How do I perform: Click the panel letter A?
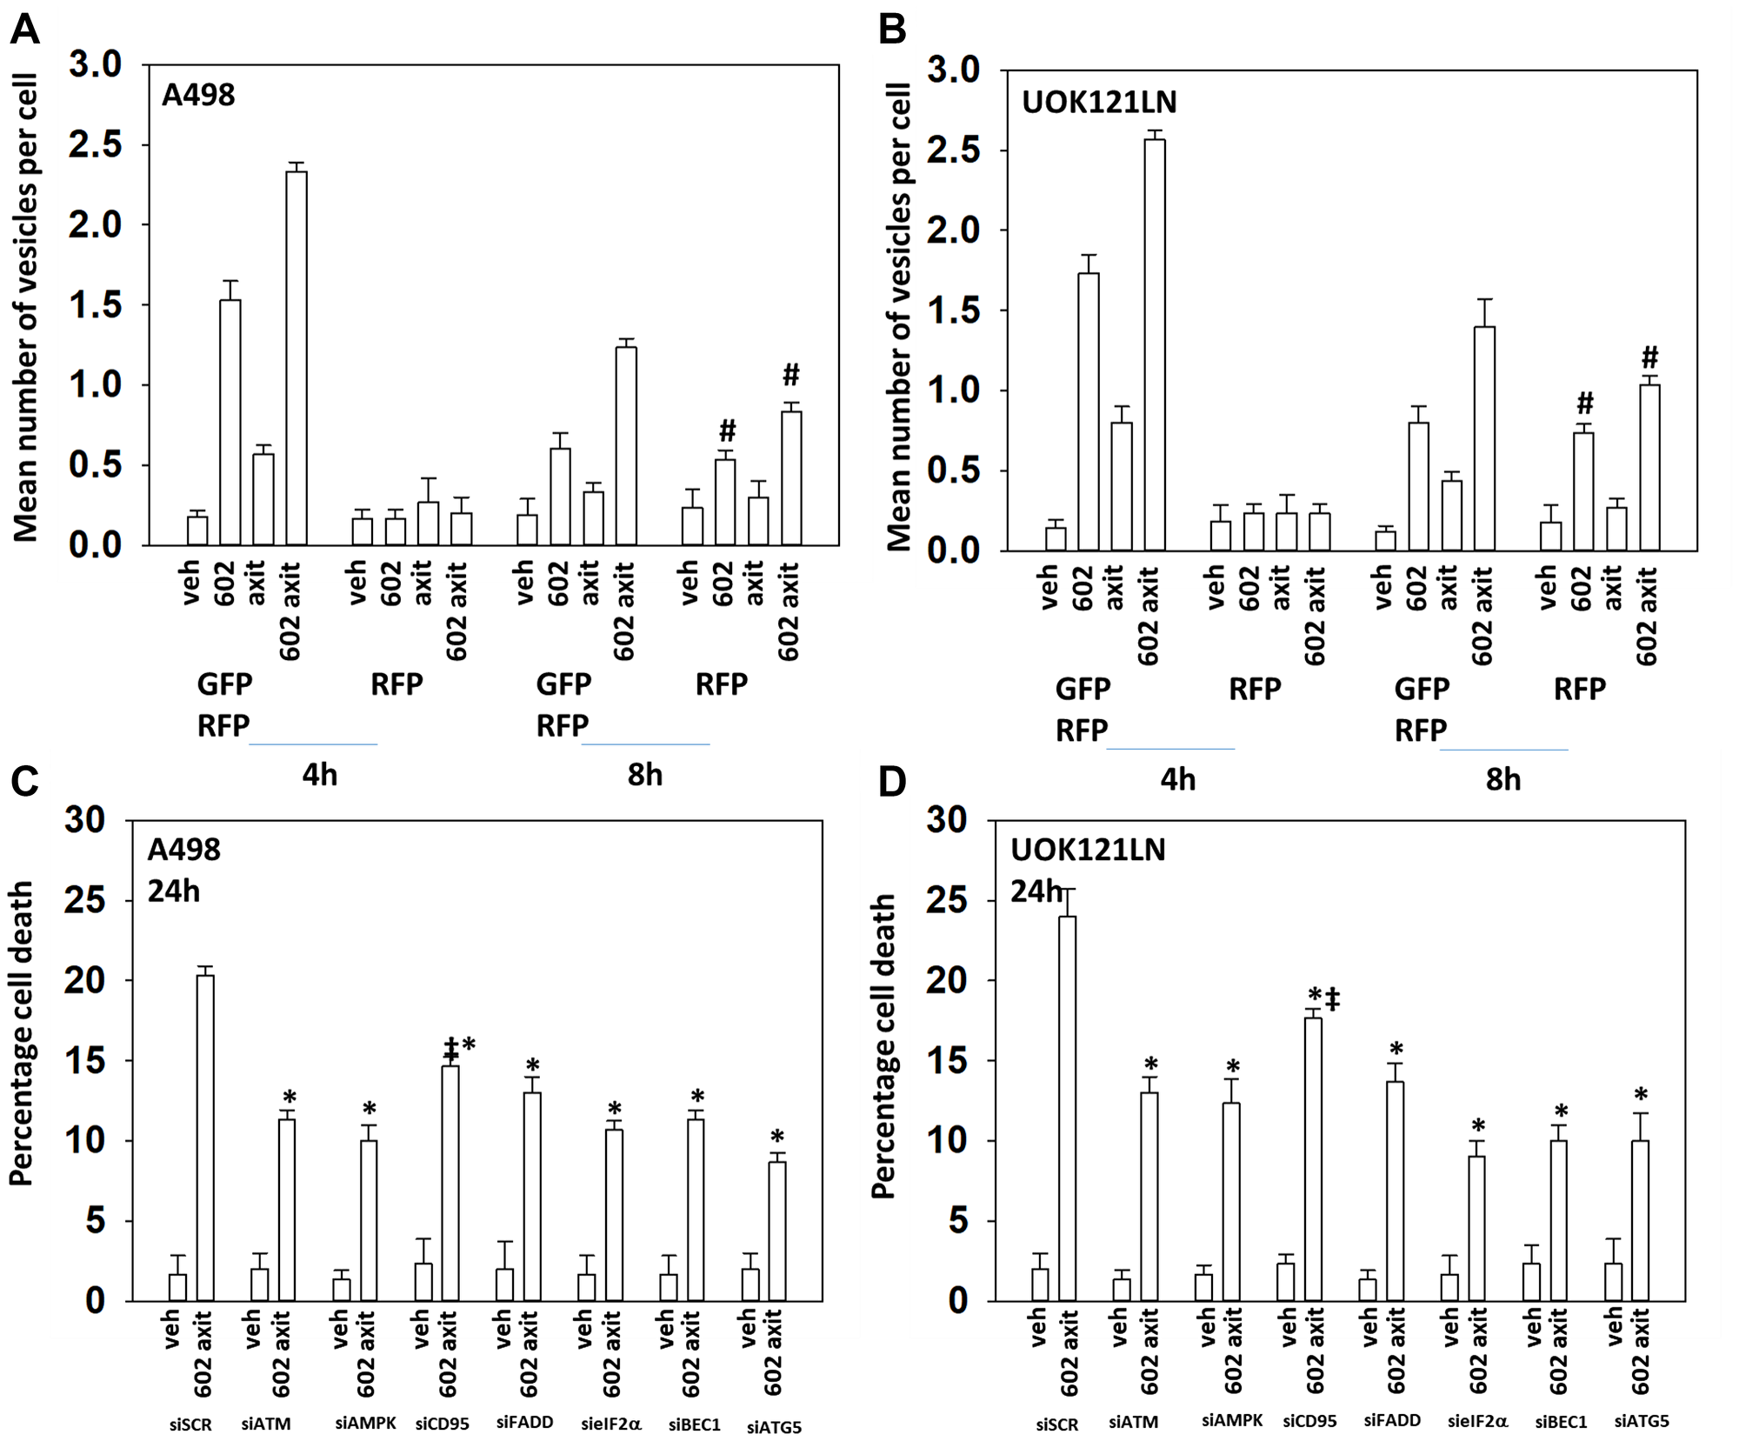(24, 30)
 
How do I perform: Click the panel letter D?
(892, 782)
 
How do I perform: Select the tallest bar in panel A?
(296, 357)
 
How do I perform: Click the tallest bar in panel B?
(1155, 344)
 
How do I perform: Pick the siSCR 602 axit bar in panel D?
(1067, 1108)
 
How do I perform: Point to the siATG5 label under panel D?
(1642, 1421)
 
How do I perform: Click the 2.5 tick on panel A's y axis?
(95, 144)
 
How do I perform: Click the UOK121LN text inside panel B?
(1099, 103)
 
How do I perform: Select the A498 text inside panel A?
(198, 95)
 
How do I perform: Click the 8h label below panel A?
(644, 775)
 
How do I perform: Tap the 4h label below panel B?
(1177, 780)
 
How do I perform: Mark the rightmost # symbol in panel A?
(790, 375)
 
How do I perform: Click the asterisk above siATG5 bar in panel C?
(777, 1137)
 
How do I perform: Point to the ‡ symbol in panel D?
(1333, 999)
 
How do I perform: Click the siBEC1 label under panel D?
(1561, 1422)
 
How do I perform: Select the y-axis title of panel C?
(21, 1034)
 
